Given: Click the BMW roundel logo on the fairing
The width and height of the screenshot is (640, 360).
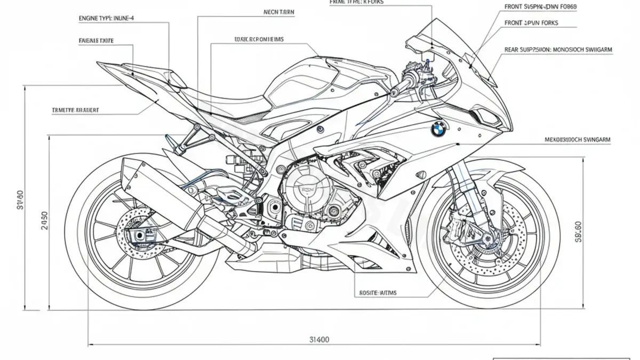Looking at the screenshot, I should coord(438,130).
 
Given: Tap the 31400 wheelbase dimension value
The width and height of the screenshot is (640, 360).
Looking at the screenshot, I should coord(319,339).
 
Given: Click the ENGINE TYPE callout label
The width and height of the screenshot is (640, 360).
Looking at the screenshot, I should coord(107,18).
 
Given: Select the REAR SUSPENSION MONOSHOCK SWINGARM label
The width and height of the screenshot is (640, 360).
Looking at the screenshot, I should coord(558,49).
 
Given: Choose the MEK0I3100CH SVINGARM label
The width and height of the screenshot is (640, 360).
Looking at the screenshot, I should coord(578,140).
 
